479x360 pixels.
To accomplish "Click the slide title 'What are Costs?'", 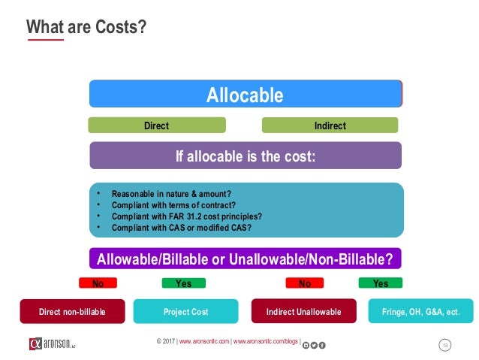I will click(x=86, y=27).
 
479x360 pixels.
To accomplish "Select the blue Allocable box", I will click(x=246, y=95).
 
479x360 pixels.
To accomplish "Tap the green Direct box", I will click(x=156, y=126).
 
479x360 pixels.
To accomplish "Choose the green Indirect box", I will click(x=330, y=126).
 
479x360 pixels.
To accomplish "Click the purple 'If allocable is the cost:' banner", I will click(x=246, y=156).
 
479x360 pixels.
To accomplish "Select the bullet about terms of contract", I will click(x=173, y=204).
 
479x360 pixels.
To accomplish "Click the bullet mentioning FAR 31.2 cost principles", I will click(x=181, y=216).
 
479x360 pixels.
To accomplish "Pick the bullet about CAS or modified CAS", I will click(x=181, y=227).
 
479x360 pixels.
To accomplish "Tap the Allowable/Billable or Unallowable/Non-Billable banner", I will click(x=246, y=259).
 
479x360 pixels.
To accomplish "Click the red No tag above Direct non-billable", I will click(x=98, y=283).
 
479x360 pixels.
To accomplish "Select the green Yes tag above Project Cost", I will click(x=183, y=283).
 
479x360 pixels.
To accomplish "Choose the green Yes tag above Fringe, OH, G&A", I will click(x=380, y=283).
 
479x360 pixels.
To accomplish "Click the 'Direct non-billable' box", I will click(x=72, y=311).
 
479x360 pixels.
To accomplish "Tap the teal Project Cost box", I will click(x=185, y=311).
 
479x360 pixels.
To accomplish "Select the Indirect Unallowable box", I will click(x=303, y=311).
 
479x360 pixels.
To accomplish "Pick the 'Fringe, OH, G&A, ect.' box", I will click(x=420, y=311).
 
